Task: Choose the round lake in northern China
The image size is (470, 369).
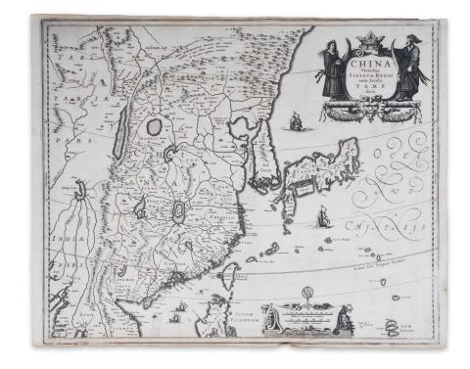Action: point(154,125)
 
